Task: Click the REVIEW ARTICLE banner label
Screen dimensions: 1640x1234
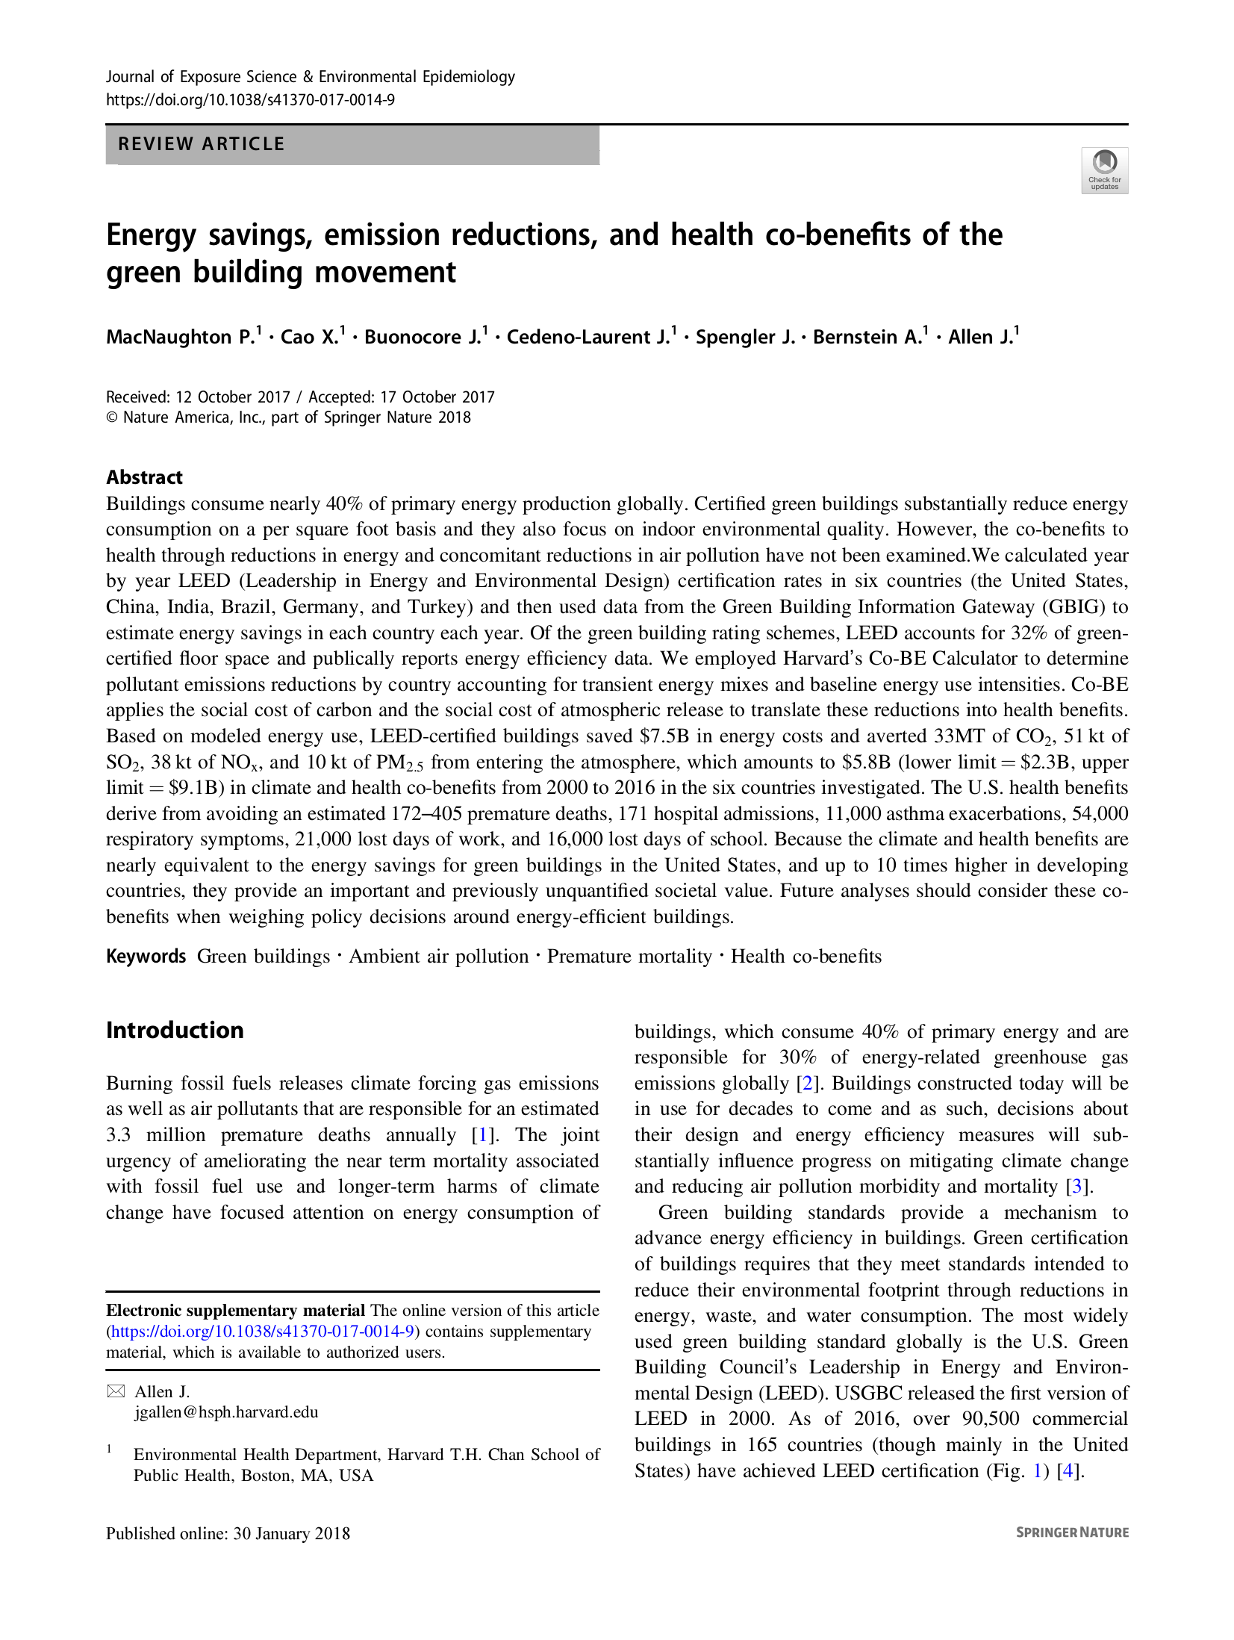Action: coord(202,144)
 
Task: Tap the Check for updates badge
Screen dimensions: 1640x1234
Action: coord(1104,170)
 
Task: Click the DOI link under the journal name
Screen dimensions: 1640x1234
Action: coord(250,100)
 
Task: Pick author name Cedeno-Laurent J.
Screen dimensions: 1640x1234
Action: coord(588,338)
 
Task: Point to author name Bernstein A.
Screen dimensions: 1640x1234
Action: coord(867,338)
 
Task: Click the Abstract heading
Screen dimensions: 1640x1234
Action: coord(144,477)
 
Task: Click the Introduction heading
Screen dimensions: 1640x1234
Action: coord(175,1031)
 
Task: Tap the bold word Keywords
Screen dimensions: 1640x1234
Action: coord(146,957)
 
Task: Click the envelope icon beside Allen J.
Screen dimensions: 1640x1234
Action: coord(116,1391)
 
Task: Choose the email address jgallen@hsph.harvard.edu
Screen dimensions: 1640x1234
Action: coord(226,1412)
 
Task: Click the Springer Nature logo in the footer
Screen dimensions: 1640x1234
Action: coord(1072,1532)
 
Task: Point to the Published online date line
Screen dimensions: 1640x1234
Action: coord(228,1533)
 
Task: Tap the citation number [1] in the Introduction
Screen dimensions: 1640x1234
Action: coord(482,1135)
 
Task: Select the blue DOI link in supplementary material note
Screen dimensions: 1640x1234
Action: coord(263,1332)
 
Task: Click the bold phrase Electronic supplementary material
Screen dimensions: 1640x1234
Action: coord(235,1311)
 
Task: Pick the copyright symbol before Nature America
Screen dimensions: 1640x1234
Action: coord(112,417)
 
